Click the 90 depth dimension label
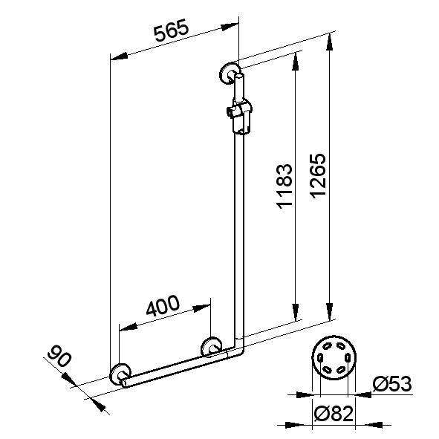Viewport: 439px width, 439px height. (x=58, y=358)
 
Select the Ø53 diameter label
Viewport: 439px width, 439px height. (x=390, y=385)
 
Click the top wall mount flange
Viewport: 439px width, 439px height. (x=229, y=73)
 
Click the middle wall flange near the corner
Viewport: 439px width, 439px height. (x=212, y=347)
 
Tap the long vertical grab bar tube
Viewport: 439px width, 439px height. (x=238, y=238)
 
